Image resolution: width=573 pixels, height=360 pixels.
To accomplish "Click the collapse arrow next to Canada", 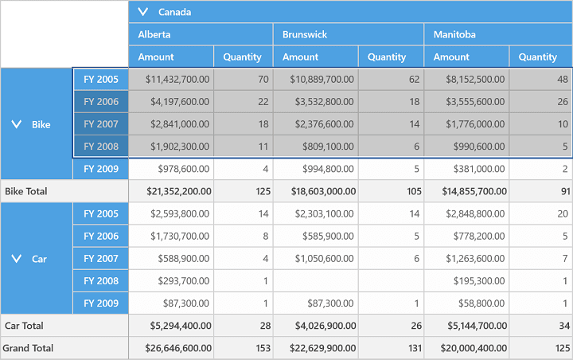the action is [x=143, y=12].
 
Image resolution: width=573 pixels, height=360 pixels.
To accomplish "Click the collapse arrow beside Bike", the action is [x=17, y=124].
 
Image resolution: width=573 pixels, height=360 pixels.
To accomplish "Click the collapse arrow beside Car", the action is [x=17, y=259].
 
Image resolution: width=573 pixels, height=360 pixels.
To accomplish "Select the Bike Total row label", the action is [x=26, y=191].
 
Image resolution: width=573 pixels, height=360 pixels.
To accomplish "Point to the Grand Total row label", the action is [x=28, y=348].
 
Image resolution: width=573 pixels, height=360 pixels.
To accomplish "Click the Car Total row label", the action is [x=24, y=326].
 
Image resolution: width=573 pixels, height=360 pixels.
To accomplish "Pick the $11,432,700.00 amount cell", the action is [x=177, y=80].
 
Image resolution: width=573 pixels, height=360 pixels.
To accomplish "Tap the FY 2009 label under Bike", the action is [x=101, y=169].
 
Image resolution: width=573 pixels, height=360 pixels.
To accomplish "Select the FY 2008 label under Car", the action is [x=101, y=281].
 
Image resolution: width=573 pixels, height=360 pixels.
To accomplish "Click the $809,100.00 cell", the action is [x=328, y=147].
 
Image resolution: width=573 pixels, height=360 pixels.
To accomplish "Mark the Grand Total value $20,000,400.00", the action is [x=474, y=348].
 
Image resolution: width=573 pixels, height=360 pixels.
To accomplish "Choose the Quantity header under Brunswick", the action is [x=387, y=57].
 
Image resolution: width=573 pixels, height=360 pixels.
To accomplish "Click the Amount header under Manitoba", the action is [x=451, y=57].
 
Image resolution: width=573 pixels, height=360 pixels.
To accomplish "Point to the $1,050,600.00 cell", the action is [x=325, y=259].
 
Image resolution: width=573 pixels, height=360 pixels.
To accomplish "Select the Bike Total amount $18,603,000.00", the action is [x=323, y=191].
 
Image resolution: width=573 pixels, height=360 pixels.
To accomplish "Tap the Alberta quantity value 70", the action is [x=263, y=80].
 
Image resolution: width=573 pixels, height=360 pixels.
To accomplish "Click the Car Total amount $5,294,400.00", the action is [x=181, y=326].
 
